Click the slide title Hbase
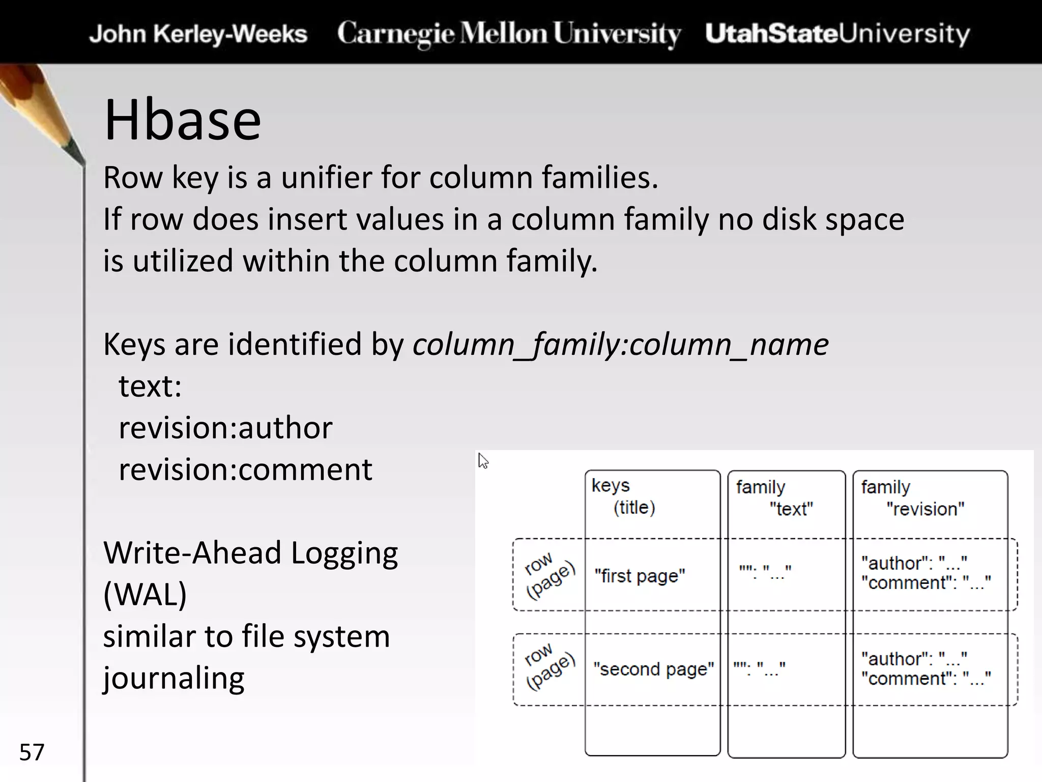(182, 121)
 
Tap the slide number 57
(32, 752)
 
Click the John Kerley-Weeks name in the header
(198, 34)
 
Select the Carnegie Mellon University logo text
(508, 34)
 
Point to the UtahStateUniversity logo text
(837, 34)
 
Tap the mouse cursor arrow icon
(483, 461)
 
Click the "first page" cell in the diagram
(640, 576)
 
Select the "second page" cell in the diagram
(653, 669)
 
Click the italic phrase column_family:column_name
(620, 345)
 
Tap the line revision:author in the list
(225, 428)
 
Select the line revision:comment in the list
(245, 469)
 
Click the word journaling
(173, 678)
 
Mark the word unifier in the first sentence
(326, 178)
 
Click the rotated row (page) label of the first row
(548, 575)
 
